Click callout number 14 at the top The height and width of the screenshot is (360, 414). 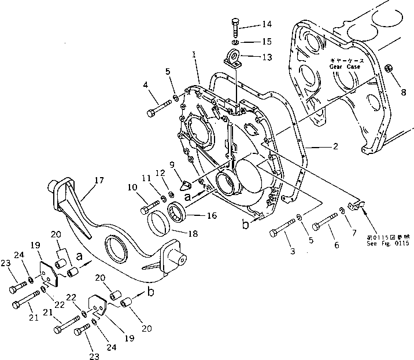tap(266, 24)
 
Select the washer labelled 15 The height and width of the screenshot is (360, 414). tap(234, 43)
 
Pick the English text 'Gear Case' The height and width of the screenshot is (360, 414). tap(345, 67)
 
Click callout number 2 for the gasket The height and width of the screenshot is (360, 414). tap(336, 146)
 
